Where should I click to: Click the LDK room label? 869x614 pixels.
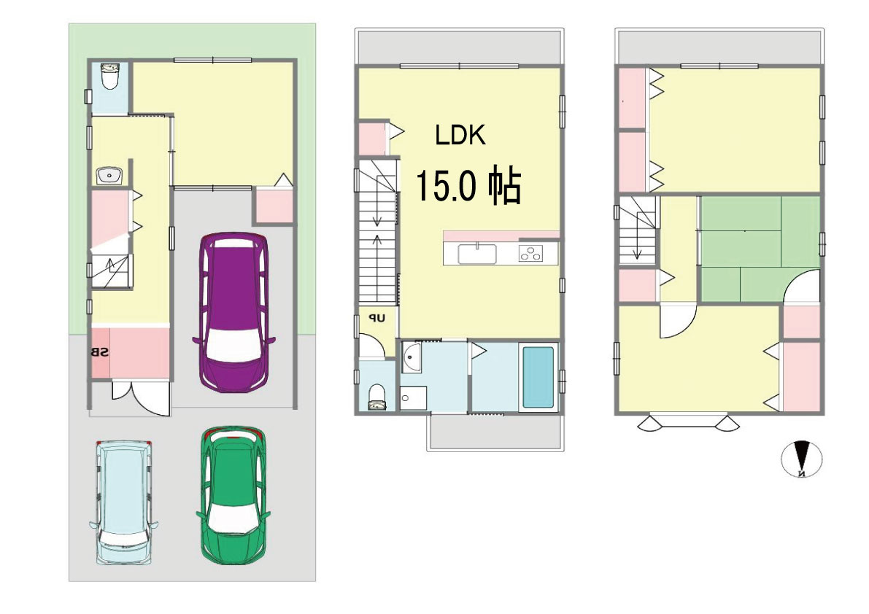[x=460, y=135]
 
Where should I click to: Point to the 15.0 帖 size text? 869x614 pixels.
[x=468, y=187]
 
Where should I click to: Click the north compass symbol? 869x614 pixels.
[x=802, y=460]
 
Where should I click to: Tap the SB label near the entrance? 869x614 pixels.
[x=101, y=352]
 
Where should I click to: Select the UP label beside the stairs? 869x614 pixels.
[x=376, y=319]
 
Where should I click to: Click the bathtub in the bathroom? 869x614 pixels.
[x=538, y=377]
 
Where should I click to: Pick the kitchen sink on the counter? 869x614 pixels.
[x=477, y=254]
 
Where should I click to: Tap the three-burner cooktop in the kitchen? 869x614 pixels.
[x=531, y=254]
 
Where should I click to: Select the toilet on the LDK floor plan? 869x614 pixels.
[x=377, y=397]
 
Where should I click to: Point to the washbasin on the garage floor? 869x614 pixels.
[x=109, y=175]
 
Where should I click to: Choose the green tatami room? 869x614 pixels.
[x=759, y=248]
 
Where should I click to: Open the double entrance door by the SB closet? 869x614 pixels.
[x=140, y=398]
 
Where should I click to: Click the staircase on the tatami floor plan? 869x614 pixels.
[x=638, y=232]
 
